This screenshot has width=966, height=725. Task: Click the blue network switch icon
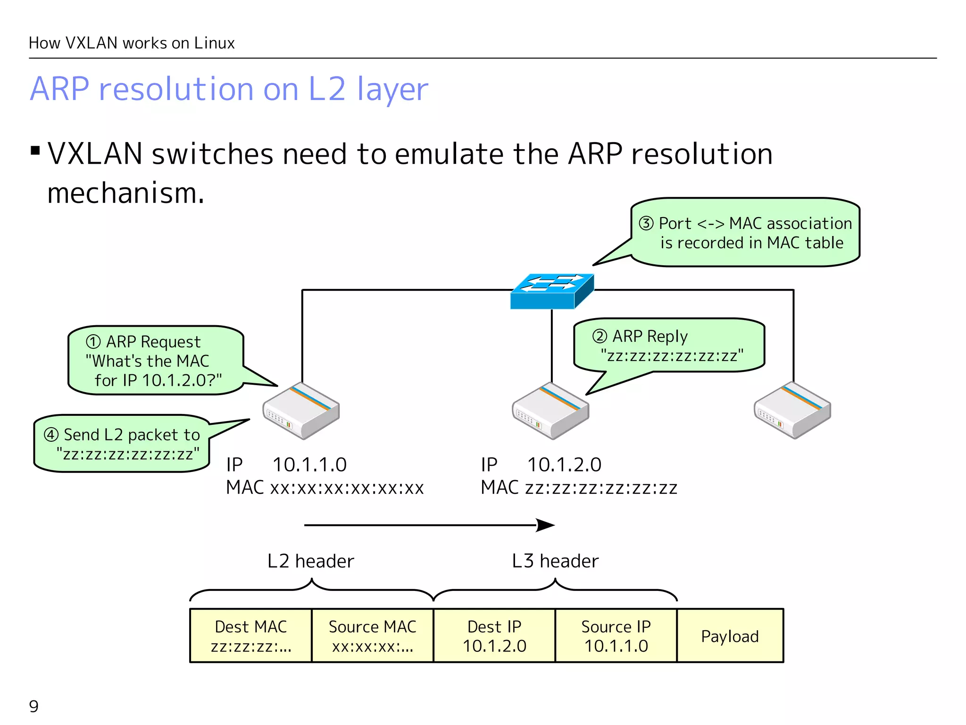click(551, 291)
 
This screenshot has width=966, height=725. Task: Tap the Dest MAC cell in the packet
click(250, 636)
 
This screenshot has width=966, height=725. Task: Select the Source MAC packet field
click(372, 636)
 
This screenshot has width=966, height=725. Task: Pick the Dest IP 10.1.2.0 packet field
click(494, 636)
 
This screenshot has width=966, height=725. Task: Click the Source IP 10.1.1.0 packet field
click(616, 636)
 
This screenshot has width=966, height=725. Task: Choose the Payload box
click(730, 636)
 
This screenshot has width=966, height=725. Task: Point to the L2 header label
click(310, 561)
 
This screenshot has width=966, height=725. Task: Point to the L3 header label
click(555, 561)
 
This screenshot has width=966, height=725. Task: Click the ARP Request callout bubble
click(156, 361)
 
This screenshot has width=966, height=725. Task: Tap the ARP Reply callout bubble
click(669, 346)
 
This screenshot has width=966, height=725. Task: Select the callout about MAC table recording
click(745, 233)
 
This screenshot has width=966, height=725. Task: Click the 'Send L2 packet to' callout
click(122, 444)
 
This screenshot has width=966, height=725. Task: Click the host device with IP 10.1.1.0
click(301, 411)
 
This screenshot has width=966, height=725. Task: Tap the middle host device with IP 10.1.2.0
click(550, 411)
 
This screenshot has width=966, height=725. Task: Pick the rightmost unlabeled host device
click(792, 411)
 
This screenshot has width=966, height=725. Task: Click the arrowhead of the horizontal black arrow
click(546, 525)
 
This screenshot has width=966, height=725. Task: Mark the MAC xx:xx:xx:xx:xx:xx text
click(325, 488)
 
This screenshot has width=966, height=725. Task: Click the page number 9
click(34, 706)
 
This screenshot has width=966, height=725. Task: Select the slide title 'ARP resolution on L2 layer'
click(229, 89)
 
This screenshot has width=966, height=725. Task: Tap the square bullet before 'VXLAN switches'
click(35, 151)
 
